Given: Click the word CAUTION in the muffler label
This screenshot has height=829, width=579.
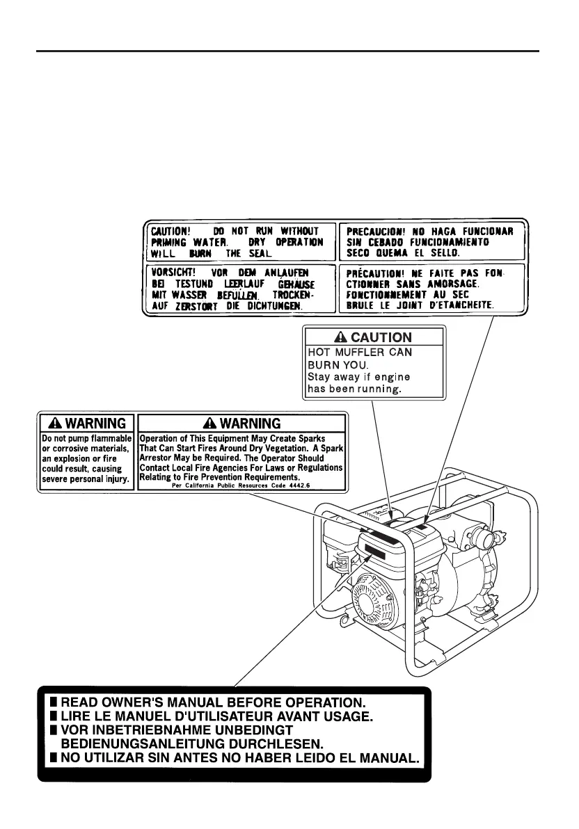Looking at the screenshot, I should point(381,337).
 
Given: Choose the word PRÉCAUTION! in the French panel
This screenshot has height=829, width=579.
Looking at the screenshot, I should point(375,273).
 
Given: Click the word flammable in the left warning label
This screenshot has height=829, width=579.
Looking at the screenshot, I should point(109,439).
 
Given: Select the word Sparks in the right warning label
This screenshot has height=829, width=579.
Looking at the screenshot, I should point(325,439).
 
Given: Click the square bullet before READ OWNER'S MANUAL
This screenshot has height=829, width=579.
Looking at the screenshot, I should point(54,702).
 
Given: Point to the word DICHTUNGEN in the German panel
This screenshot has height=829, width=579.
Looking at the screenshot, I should point(273,305).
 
